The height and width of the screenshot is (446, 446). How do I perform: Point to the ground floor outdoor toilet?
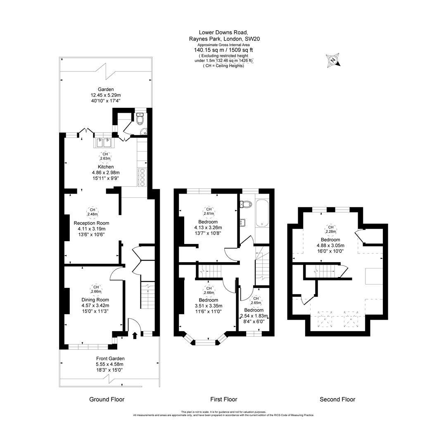point(140,119)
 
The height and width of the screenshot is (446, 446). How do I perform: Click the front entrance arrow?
point(134,335)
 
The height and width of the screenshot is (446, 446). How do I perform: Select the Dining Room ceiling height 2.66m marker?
point(95,290)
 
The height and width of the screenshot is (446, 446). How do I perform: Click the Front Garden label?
point(110,358)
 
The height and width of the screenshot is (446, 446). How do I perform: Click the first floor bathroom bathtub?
point(262,213)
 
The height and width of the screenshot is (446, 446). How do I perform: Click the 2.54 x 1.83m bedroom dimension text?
point(254,316)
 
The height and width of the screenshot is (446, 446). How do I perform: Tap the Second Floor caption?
point(337,399)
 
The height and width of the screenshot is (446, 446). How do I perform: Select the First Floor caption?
point(223,399)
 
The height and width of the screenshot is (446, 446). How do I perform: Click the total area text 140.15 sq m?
point(209,50)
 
